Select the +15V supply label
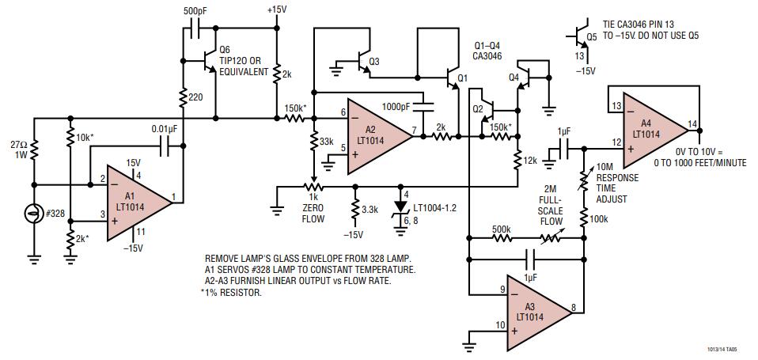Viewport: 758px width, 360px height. pos(277,9)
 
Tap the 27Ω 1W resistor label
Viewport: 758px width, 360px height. pos(17,150)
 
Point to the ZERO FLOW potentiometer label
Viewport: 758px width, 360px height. pos(315,213)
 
